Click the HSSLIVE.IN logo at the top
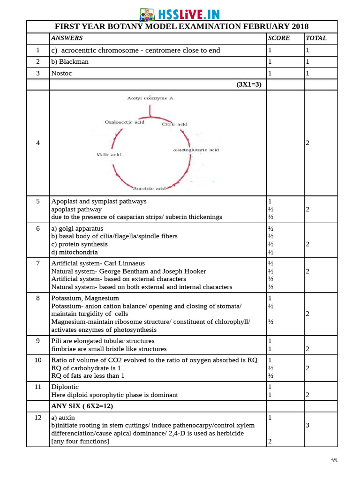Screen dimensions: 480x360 pyautogui.click(x=180, y=15)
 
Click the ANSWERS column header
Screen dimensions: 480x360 pyautogui.click(x=67, y=38)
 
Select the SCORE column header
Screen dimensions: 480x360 pyautogui.click(x=279, y=38)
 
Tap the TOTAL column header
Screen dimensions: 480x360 pyautogui.click(x=316, y=38)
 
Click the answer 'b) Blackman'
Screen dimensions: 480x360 pyautogui.click(x=70, y=61)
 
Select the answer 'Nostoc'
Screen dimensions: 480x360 pyautogui.click(x=62, y=73)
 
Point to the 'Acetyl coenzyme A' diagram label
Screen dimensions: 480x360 pyautogui.click(x=150, y=98)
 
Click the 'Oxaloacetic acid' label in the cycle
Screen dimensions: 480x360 pyautogui.click(x=124, y=122)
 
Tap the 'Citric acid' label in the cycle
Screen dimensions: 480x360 pyautogui.click(x=175, y=124)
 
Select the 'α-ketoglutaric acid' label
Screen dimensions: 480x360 pyautogui.click(x=196, y=150)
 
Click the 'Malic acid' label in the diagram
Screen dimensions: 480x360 pyautogui.click(x=108, y=154)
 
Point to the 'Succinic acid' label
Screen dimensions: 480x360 pyautogui.click(x=150, y=188)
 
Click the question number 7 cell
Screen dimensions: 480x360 pyautogui.click(x=38, y=263)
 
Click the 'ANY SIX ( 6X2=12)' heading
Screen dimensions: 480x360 pyautogui.click(x=82, y=406)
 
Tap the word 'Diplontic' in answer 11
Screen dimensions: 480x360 pyautogui.click(x=65, y=387)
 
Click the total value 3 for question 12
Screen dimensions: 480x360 pyautogui.click(x=307, y=425)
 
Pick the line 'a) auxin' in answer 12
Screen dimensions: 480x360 pyautogui.click(x=63, y=418)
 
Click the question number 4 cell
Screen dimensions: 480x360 pyautogui.click(x=38, y=143)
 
